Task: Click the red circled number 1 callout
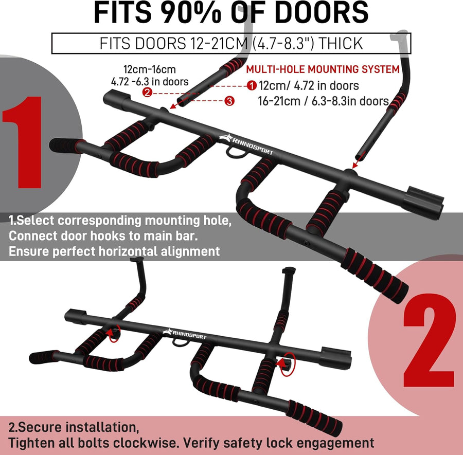(251, 86)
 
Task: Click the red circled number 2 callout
(147, 93)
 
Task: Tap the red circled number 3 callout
(229, 101)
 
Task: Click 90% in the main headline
(190, 12)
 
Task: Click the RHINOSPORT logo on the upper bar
(246, 144)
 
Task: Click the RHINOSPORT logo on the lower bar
(185, 334)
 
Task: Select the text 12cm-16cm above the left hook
(149, 69)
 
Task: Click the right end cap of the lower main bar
(336, 357)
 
